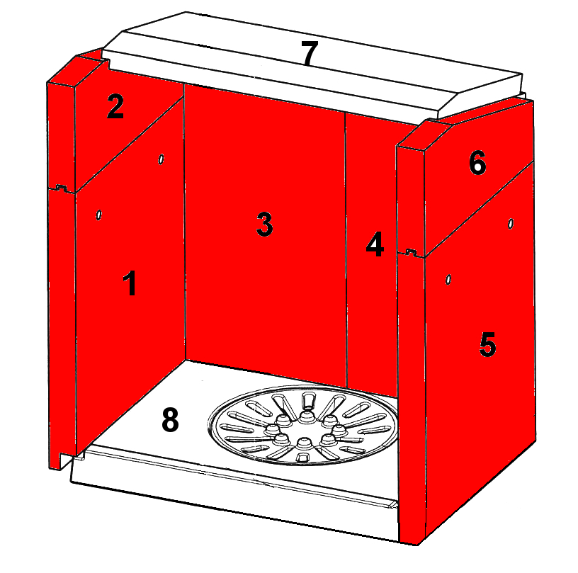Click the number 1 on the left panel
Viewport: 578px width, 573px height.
point(130,283)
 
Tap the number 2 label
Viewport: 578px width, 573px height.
point(115,106)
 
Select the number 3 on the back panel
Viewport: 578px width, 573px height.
point(264,224)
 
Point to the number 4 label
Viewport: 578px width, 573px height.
point(375,244)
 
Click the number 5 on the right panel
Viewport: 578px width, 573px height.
point(487,344)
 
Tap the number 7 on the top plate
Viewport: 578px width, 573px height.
point(310,53)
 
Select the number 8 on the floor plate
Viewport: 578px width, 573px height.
point(170,420)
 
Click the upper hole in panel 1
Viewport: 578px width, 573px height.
point(161,159)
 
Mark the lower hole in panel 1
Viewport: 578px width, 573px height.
point(98,215)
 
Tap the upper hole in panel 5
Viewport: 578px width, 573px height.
point(511,223)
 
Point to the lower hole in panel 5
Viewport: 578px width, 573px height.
point(448,280)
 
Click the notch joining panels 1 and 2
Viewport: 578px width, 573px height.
point(61,188)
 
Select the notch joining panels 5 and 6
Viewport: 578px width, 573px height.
point(412,253)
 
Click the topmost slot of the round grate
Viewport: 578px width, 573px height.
point(308,399)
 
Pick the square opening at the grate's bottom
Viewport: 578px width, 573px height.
point(302,458)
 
